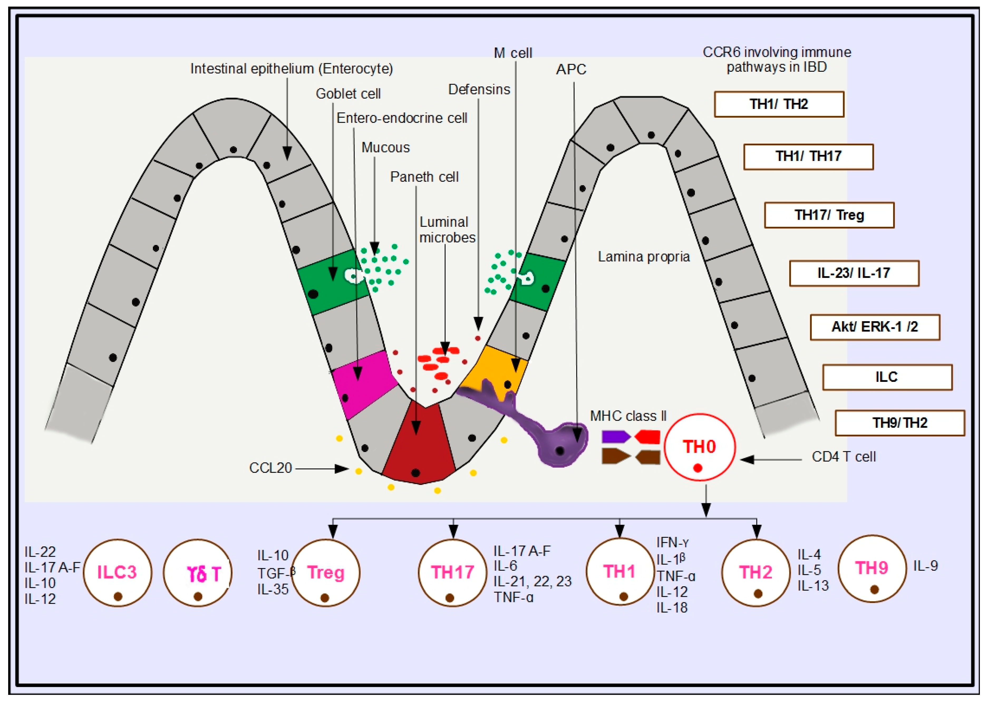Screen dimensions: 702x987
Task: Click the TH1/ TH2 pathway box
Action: (x=779, y=104)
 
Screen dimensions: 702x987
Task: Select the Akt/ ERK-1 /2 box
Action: (x=875, y=327)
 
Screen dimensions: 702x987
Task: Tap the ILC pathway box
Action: (x=887, y=377)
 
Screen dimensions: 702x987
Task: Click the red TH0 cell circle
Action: (x=699, y=447)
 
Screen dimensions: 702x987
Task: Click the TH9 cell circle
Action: (x=872, y=568)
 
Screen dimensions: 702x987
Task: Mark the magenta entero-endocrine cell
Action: (x=363, y=383)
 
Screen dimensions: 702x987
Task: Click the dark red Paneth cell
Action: (x=418, y=445)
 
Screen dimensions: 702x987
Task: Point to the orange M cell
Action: (x=497, y=367)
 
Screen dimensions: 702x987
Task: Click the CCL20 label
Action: (x=270, y=468)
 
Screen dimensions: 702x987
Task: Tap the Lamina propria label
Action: (x=644, y=257)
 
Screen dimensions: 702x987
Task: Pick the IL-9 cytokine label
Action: (x=925, y=566)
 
